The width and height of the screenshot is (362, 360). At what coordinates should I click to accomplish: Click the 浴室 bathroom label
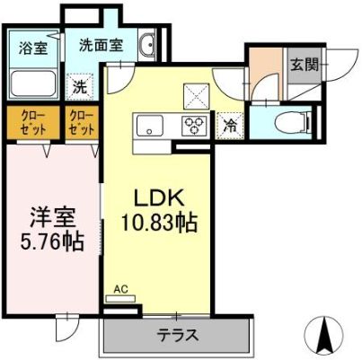point(34,48)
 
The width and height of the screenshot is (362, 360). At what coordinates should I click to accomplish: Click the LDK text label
point(159,197)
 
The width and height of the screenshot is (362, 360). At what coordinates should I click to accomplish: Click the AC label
point(121,290)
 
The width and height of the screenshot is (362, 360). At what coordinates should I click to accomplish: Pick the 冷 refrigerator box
point(231,126)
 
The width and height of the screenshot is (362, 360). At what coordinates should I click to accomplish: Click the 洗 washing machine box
point(80,88)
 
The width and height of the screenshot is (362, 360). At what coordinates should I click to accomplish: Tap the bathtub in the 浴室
point(35,85)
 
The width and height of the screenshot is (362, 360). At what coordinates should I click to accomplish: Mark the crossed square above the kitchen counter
point(195,93)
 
